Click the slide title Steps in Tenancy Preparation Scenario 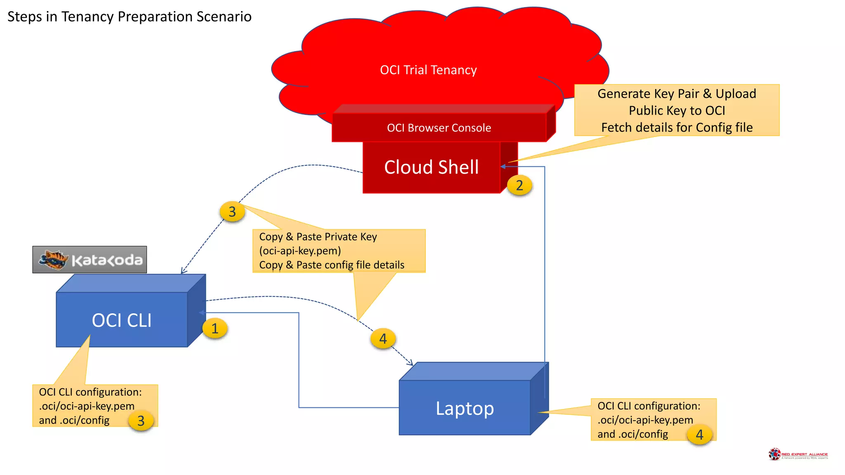[129, 16]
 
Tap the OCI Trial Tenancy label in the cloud [428, 70]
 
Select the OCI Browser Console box [439, 128]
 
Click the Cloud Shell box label [431, 167]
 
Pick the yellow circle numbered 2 [519, 185]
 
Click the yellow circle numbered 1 [215, 329]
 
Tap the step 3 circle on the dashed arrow [232, 212]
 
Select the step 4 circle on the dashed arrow [383, 339]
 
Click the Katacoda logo [90, 260]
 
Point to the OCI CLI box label [122, 320]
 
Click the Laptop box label [465, 408]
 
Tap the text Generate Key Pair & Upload [677, 94]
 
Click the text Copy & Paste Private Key [318, 237]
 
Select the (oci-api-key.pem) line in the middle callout [300, 251]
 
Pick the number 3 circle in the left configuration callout [141, 421]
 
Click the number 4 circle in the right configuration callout [699, 435]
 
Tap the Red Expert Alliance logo [798, 454]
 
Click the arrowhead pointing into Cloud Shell [503, 167]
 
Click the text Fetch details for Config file [677, 127]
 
